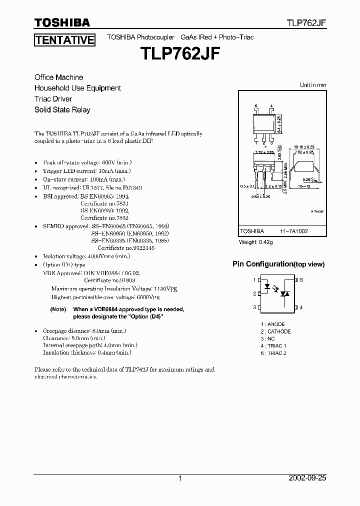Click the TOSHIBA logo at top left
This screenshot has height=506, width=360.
click(x=62, y=22)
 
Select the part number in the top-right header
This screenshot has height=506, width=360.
click(x=306, y=23)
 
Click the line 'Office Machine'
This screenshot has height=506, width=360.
click(x=58, y=77)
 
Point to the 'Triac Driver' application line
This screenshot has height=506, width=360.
click(x=53, y=99)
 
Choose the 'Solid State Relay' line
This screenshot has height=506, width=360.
click(x=62, y=109)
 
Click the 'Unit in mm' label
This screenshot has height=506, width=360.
click(x=312, y=85)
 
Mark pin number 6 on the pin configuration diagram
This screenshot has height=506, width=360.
click(x=301, y=279)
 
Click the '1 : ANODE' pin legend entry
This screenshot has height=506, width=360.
click(x=272, y=324)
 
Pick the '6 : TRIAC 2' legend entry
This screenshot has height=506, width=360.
click(x=273, y=353)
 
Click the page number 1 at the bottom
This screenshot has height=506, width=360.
click(x=180, y=478)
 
